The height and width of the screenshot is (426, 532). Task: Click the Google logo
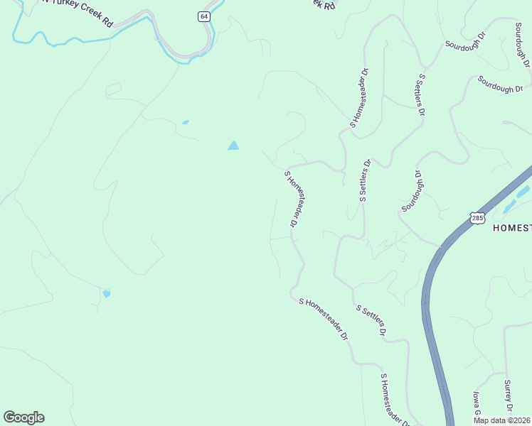(x=23, y=417)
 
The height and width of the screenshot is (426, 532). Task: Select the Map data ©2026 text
(x=502, y=419)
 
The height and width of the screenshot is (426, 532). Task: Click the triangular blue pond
(x=233, y=146)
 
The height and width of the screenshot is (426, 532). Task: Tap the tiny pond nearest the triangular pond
(x=186, y=122)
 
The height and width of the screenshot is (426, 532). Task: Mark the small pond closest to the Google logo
(x=107, y=293)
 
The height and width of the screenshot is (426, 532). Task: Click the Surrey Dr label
(x=508, y=395)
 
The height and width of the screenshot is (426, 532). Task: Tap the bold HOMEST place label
(x=511, y=227)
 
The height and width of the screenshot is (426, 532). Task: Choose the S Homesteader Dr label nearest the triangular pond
(x=292, y=198)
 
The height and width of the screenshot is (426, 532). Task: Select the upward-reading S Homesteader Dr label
(x=358, y=98)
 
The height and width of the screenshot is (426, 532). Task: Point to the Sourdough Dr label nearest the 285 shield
(x=413, y=190)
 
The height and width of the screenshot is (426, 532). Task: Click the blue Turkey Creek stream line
(x=107, y=37)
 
